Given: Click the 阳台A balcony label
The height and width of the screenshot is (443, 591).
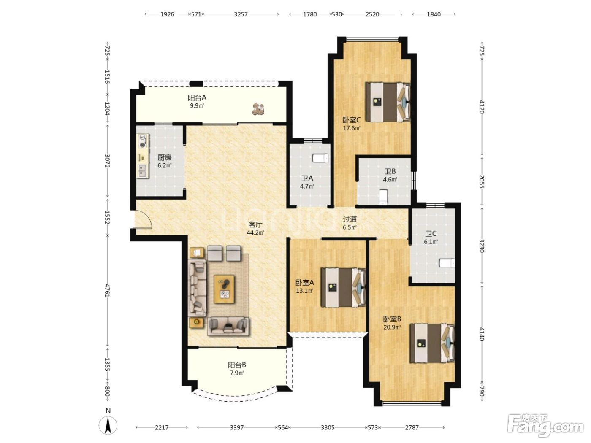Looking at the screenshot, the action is (197, 97).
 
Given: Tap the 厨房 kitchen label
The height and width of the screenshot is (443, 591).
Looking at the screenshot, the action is (165, 157).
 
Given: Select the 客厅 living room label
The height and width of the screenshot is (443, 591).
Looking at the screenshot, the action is (255, 224).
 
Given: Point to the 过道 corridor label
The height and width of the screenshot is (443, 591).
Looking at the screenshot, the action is (350, 219).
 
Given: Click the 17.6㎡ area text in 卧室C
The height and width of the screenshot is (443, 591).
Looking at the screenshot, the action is (352, 128).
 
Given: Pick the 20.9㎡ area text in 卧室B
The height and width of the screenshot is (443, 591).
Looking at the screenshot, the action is (392, 327).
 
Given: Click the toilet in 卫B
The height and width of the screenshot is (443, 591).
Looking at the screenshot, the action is (383, 197).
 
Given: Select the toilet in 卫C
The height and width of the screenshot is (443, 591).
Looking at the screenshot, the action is (447, 263).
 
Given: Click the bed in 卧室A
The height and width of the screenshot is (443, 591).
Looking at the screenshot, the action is (343, 287).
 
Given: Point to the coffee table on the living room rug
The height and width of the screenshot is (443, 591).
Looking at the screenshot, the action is (224, 289).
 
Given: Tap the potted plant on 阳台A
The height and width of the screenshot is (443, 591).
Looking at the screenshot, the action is (258, 109).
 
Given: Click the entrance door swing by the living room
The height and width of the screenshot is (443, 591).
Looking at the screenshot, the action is (143, 219).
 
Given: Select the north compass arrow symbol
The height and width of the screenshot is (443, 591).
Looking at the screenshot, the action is (108, 426).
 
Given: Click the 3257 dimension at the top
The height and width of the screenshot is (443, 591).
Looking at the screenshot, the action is (241, 14).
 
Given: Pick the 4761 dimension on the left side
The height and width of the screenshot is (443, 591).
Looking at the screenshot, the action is (107, 290).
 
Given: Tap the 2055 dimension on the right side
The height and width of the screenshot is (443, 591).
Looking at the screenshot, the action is (482, 181).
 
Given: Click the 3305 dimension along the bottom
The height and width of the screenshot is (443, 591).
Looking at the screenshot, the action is (328, 427).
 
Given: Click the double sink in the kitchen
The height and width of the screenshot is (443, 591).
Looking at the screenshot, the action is (142, 170).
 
